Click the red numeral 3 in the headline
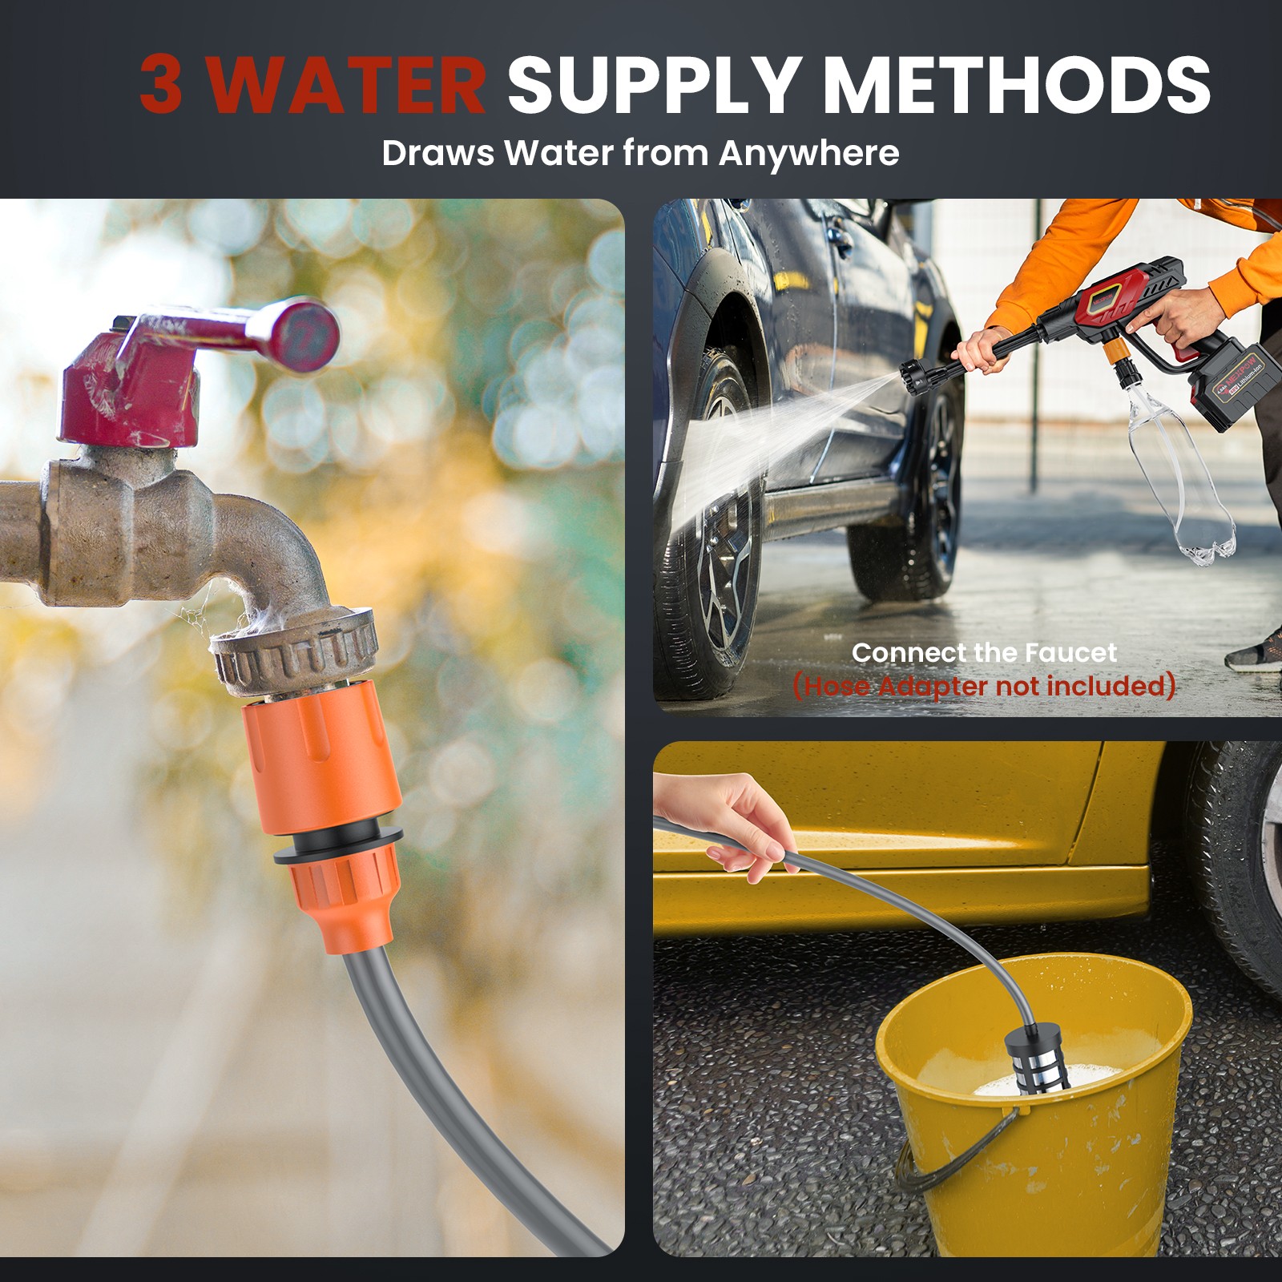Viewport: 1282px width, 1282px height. (161, 84)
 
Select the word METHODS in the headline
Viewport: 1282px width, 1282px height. (1016, 84)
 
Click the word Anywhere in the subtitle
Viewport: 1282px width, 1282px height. (808, 154)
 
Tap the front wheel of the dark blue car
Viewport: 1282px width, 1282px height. (713, 521)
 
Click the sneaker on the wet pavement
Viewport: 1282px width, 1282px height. (1255, 651)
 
